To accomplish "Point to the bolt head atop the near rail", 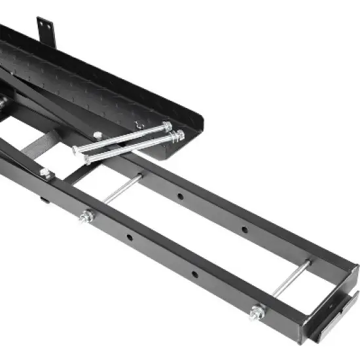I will point(46,173).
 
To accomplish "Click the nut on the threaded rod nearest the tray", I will point(86,217).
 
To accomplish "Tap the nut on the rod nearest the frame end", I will point(257,312).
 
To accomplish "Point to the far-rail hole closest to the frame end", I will point(244,230).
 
